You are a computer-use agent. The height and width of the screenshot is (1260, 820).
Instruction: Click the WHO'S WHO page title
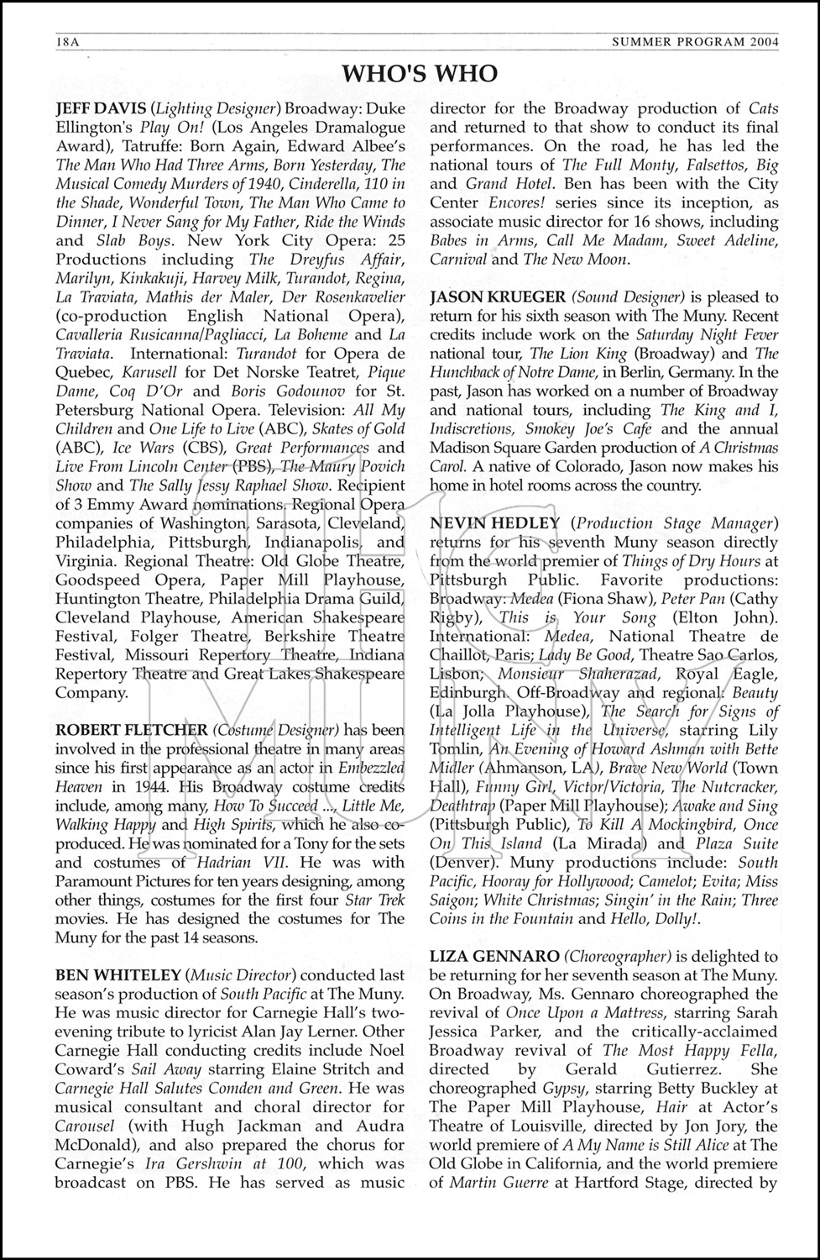(x=420, y=74)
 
